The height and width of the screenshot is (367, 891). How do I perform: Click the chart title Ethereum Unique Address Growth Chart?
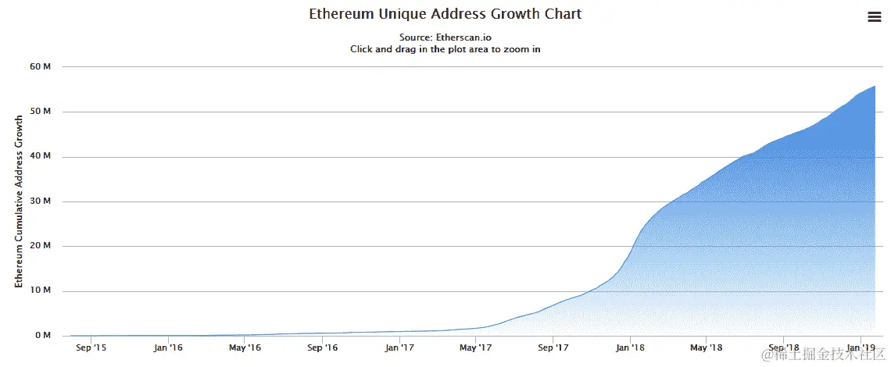pos(445,15)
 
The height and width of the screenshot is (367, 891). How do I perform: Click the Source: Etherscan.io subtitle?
pos(445,37)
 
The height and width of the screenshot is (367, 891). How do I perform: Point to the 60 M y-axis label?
pos(40,67)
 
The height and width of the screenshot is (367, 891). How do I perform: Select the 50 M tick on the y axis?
pos(40,112)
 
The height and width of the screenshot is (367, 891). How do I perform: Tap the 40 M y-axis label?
pos(40,156)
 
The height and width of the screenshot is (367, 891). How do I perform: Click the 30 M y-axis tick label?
pos(40,201)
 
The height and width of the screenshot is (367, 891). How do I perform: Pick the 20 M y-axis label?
pos(40,246)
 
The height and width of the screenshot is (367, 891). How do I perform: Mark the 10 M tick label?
pos(40,290)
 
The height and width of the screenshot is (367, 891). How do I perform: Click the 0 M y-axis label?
pos(42,336)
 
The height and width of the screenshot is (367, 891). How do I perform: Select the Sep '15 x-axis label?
pos(91,348)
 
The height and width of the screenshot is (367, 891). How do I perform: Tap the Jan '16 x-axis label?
pos(169,348)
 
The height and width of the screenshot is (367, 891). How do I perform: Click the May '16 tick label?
pos(245,348)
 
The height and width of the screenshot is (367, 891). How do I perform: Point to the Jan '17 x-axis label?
pos(399,348)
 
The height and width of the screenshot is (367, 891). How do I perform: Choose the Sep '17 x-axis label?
pos(553,348)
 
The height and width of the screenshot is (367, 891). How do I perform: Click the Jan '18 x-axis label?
pos(630,348)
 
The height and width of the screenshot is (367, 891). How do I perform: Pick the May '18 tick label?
pos(706,348)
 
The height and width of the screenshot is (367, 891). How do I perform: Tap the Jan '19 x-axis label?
pos(861,348)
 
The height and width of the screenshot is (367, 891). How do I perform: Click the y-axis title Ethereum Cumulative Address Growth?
pos(19,201)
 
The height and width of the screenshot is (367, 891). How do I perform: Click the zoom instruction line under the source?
pos(445,48)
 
